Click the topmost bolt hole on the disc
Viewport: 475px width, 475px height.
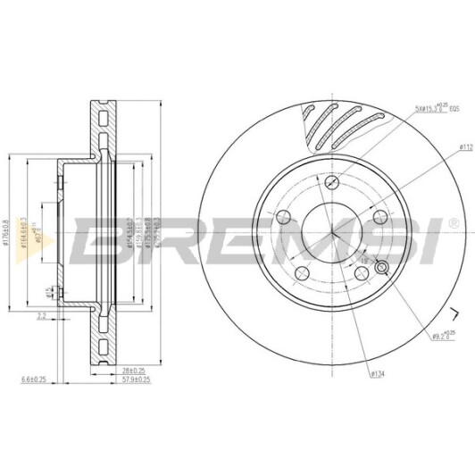tap(332, 182)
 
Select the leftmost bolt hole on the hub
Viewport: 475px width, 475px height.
tap(281, 216)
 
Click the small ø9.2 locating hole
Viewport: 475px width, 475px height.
tap(382, 268)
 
